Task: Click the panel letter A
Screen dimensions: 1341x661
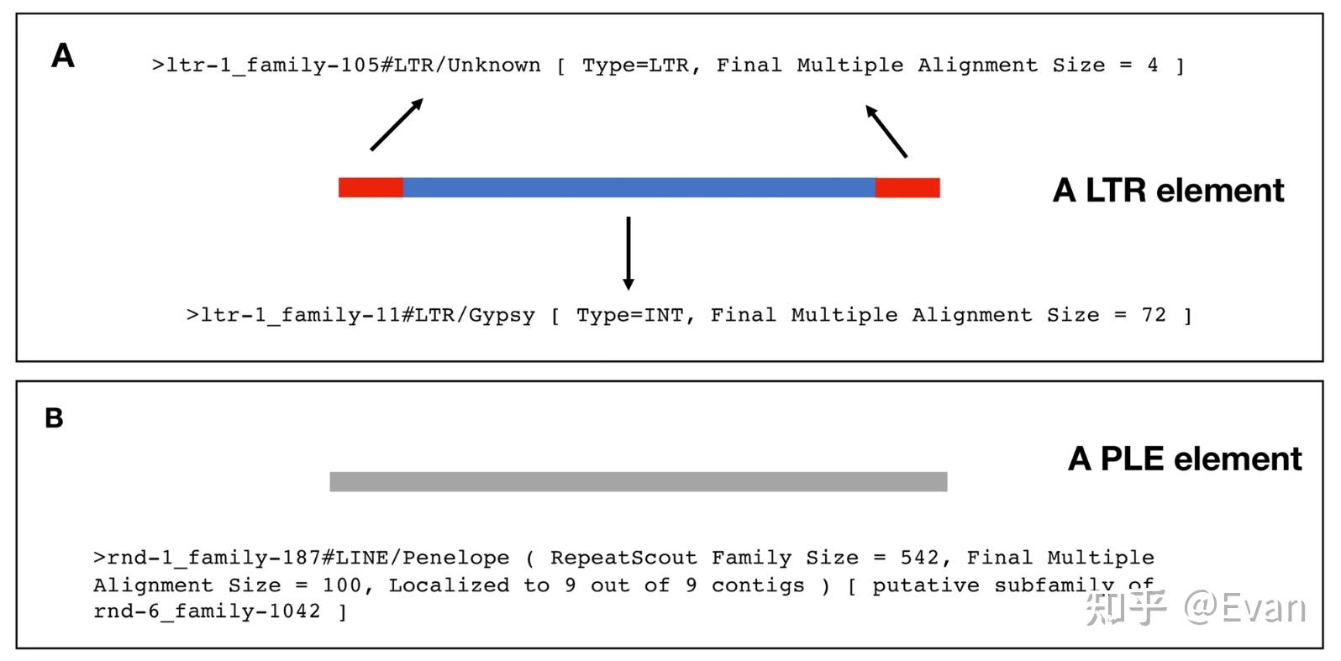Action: point(63,55)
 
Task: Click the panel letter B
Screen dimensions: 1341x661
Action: point(54,418)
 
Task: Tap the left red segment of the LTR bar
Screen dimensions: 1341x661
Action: point(371,187)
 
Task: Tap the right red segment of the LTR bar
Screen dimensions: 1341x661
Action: point(907,187)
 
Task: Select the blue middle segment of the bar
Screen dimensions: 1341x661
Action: point(639,187)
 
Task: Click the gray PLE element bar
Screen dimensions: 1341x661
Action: point(639,481)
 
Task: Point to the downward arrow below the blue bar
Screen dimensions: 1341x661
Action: point(628,253)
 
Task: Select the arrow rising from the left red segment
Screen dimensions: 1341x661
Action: point(397,124)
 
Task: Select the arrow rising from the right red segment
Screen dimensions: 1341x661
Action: point(886,131)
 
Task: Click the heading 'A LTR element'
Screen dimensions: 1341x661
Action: point(1168,190)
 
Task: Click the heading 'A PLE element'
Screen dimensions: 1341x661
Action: point(1185,459)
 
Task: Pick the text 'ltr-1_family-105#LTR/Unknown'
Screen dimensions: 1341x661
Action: point(353,65)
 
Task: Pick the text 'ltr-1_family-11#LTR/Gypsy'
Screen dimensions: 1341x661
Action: point(367,315)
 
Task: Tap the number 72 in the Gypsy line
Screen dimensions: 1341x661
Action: point(1154,315)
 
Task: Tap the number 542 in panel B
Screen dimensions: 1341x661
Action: point(919,558)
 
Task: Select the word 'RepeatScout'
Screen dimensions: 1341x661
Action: point(623,558)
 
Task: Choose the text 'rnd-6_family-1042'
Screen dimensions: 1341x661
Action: point(207,611)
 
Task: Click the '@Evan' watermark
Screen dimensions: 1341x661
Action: point(1245,608)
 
